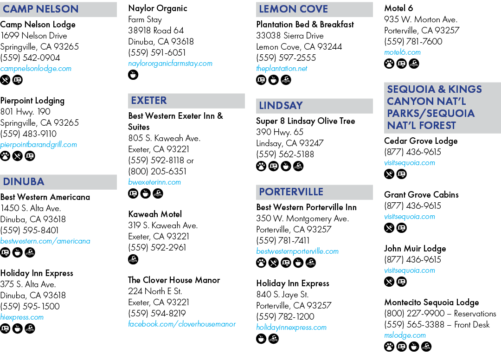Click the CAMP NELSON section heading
(40, 9)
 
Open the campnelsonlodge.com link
(36, 68)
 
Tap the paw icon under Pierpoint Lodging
(5, 156)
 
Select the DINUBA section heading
(24, 181)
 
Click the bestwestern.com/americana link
(45, 241)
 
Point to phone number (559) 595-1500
(30, 306)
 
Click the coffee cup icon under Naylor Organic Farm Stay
(133, 75)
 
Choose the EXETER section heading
(149, 100)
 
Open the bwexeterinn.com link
(154, 182)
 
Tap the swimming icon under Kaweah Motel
(133, 259)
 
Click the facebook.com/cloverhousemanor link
(182, 324)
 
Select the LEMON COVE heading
(293, 9)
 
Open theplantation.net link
(282, 68)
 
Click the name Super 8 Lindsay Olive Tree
(305, 121)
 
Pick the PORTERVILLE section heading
(291, 192)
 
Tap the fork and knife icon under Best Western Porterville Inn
(274, 263)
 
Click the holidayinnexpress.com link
(291, 327)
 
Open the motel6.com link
(402, 52)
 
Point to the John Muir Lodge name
(415, 249)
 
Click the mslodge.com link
(405, 335)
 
